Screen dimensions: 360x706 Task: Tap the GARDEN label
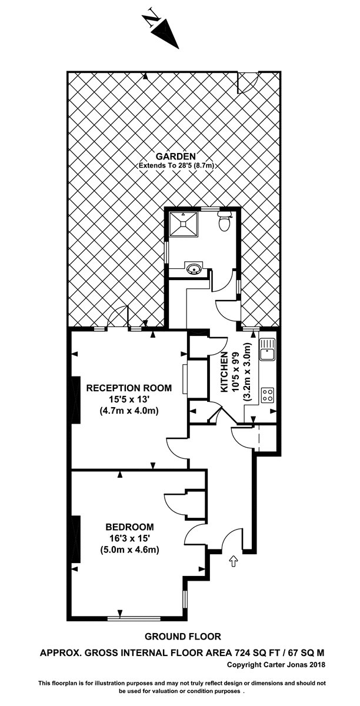pyautogui.click(x=176, y=156)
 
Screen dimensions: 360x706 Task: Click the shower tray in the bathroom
pyautogui.click(x=184, y=224)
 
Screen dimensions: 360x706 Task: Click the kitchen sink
pyautogui.click(x=267, y=349)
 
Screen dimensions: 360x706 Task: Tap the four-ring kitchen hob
pyautogui.click(x=268, y=395)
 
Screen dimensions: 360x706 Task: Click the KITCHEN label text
pyautogui.click(x=224, y=372)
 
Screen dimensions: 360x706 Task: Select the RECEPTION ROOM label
pyautogui.click(x=129, y=388)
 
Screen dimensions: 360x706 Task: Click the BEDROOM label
pyautogui.click(x=129, y=527)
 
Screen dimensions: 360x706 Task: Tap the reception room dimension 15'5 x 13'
pyautogui.click(x=129, y=399)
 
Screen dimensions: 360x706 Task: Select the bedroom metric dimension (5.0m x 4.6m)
pyautogui.click(x=129, y=550)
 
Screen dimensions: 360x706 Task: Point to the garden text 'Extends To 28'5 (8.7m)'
pyautogui.click(x=176, y=165)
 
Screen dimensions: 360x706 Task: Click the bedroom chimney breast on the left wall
pyautogui.click(x=76, y=540)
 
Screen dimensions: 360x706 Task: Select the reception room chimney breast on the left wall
pyautogui.click(x=76, y=400)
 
